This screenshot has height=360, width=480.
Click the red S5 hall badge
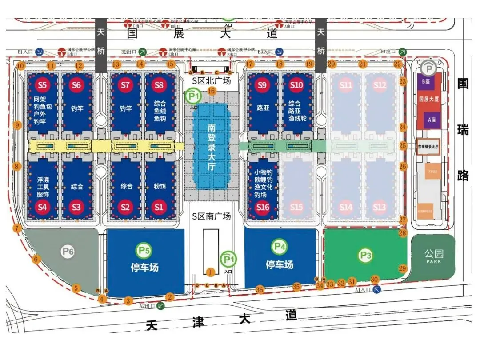click(43, 84)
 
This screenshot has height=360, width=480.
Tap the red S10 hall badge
click(296, 84)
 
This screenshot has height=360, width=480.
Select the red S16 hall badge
click(263, 207)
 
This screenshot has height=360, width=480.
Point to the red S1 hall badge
click(159, 207)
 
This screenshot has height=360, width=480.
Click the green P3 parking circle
click(365, 255)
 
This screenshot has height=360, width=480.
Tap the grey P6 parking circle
click(67, 252)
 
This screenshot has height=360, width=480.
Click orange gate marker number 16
click(212, 91)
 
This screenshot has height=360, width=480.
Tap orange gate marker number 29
click(403, 268)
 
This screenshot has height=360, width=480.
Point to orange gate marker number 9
click(17, 125)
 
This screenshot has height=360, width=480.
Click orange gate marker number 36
click(260, 290)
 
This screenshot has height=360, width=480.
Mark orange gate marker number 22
click(397, 64)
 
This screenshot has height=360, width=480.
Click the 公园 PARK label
click(433, 256)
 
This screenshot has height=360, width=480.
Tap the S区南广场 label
click(212, 216)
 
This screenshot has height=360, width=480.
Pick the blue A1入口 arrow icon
click(377, 290)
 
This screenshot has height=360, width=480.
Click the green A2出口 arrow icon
click(160, 305)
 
